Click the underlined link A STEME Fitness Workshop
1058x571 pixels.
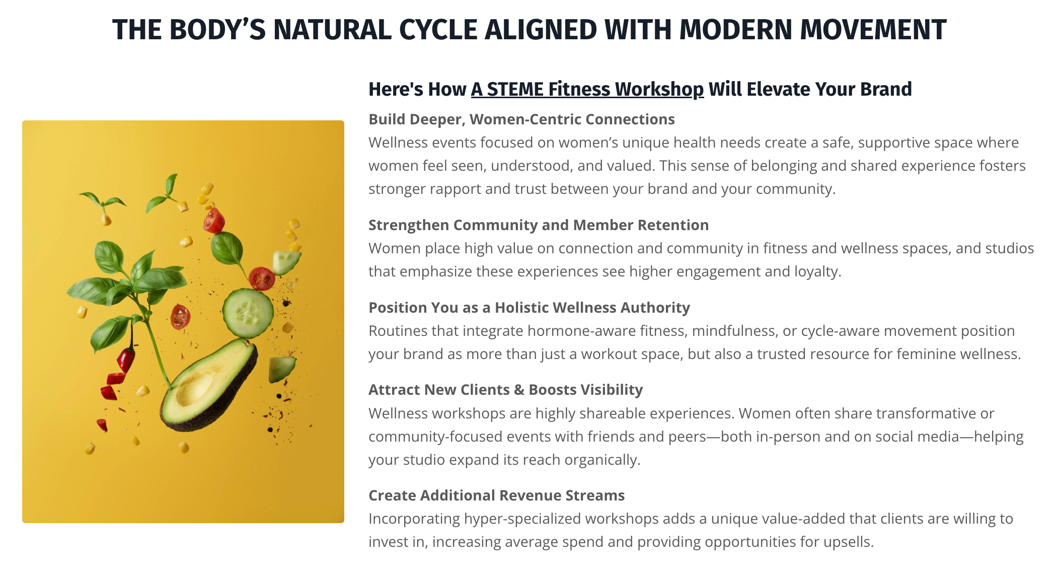coord(587,89)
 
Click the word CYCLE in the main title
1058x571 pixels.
coord(437,30)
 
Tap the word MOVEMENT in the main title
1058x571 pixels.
coord(873,30)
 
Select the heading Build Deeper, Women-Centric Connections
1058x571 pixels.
coord(521,119)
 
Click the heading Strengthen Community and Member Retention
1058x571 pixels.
coord(539,225)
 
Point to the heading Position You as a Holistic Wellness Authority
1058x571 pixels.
coord(529,308)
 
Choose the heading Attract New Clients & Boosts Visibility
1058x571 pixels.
coord(506,390)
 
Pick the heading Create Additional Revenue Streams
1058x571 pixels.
coord(496,495)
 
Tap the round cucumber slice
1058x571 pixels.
coord(248,313)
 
